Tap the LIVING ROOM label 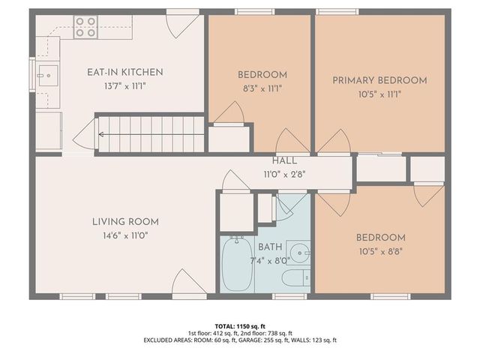(x=125, y=221)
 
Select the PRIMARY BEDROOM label (x=379, y=80)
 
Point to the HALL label (x=284, y=160)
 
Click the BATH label (x=269, y=247)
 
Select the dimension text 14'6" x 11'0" (x=125, y=235)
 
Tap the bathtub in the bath (x=238, y=263)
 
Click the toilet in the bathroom (x=295, y=279)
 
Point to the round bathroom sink (x=298, y=251)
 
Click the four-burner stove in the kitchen (x=84, y=27)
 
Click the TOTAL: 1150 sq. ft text (x=240, y=326)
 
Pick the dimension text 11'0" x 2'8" (x=284, y=174)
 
